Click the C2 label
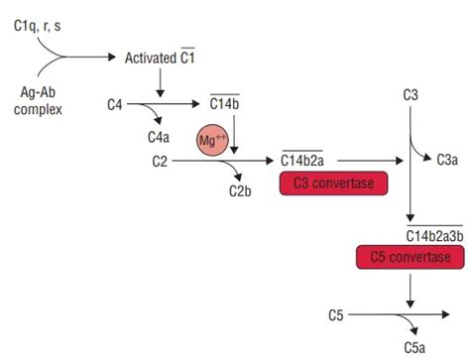[x=160, y=159]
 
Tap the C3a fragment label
[x=449, y=159]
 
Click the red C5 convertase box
[x=410, y=258]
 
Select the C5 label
[x=337, y=315]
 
